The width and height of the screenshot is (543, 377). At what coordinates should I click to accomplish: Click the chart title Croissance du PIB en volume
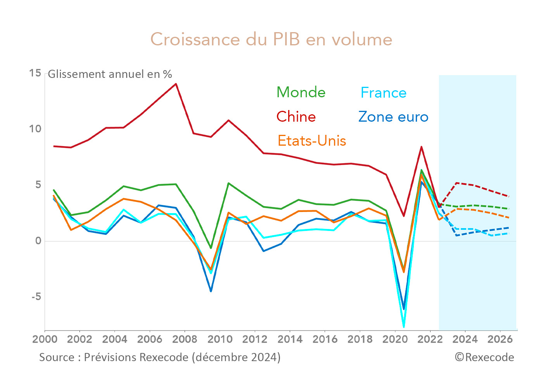[x=271, y=40]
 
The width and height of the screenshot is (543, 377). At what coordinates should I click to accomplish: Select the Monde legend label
[x=301, y=93]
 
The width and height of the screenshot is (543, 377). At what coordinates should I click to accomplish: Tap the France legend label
[x=383, y=93]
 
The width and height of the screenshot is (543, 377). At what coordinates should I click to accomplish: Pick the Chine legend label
[x=296, y=117]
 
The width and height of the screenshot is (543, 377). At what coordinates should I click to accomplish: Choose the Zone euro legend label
[x=393, y=117]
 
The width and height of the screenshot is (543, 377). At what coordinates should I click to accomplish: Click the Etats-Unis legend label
[x=312, y=141]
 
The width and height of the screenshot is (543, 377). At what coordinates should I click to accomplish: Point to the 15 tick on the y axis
[x=35, y=73]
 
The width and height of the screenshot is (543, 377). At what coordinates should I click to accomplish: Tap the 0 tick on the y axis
[x=38, y=241]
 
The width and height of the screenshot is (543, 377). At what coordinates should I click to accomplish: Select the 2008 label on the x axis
[x=185, y=339]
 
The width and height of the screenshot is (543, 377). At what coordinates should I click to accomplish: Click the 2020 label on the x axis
[x=395, y=339]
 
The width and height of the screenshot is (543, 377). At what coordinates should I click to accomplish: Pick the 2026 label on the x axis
[x=500, y=339]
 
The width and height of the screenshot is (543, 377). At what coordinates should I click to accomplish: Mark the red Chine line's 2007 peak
[x=176, y=84]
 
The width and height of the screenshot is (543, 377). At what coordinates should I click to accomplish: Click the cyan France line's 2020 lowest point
[x=404, y=327]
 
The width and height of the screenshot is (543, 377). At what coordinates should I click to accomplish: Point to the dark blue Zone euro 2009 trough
[x=211, y=291]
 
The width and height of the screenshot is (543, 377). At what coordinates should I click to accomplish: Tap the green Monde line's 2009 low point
[x=211, y=248]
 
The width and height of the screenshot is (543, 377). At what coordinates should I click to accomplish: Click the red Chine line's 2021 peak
[x=421, y=147]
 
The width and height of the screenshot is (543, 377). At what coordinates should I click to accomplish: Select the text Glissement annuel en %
[x=110, y=74]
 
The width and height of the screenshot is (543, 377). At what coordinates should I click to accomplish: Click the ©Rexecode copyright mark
[x=484, y=357]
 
